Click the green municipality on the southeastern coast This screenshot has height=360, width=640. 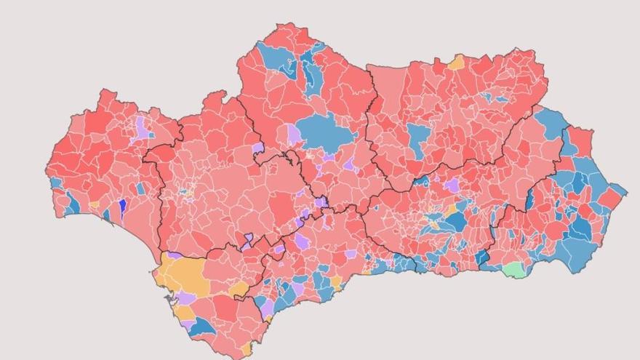513,270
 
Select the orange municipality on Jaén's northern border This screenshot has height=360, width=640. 456,63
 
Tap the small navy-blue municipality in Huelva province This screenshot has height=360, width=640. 122,206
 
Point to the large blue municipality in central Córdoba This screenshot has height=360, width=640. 326,132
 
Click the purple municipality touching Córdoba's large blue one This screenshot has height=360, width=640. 294,134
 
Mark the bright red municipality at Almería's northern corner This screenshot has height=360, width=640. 580,141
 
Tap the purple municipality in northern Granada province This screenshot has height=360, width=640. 452,185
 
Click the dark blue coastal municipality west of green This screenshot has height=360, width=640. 482,257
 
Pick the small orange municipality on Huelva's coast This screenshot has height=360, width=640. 95,206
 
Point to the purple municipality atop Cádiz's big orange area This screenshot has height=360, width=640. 175,255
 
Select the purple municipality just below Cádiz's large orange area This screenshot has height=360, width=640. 186,298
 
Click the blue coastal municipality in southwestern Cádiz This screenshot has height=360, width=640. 202,327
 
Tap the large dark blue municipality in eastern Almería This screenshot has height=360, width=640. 580,228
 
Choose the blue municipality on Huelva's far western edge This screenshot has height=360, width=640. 55,182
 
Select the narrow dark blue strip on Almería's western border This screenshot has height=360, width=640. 529,198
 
